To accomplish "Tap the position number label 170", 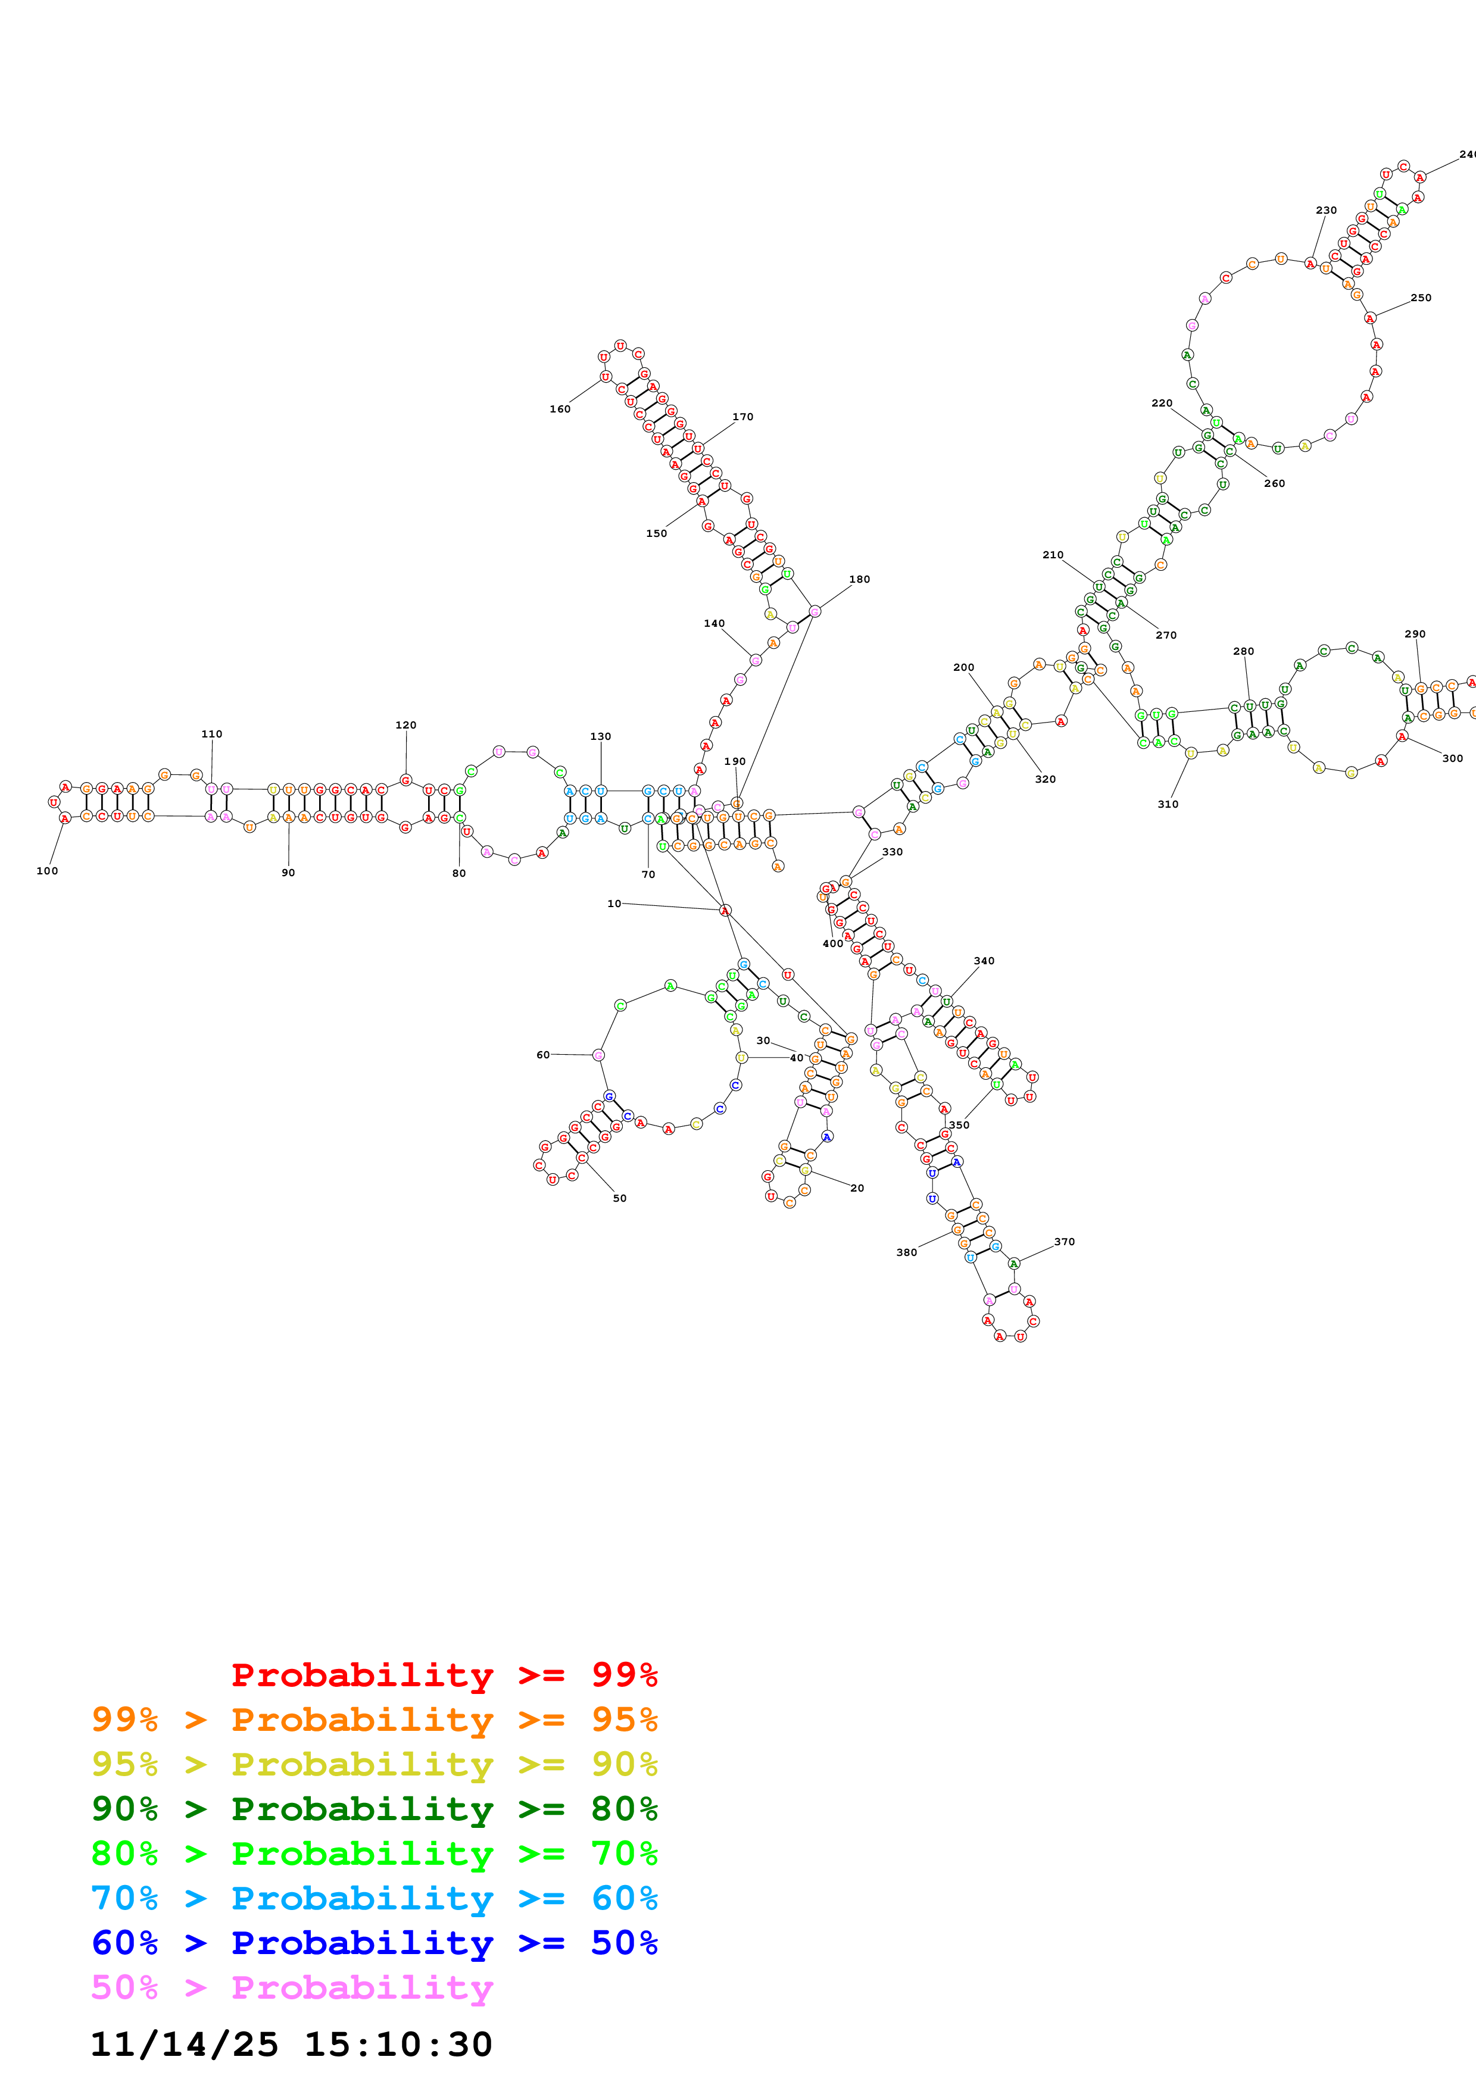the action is pos(743,417).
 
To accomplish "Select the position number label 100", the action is pos(47,870).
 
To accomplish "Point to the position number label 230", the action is pos(1326,210).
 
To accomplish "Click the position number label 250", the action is pos(1421,298).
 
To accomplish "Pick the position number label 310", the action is pos(1168,804).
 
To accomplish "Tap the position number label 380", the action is pos(907,1252).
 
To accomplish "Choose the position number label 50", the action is pos(619,1198).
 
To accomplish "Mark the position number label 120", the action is pos(405,725).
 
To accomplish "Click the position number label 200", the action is pos(964,667).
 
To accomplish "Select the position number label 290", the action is pos(1415,634).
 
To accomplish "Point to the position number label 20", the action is pos(857,1187).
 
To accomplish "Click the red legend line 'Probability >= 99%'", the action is pos(444,1674).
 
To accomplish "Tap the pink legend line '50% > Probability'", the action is pos(292,1986).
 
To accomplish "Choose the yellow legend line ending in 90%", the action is pos(374,1764).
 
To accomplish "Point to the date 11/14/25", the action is pos(185,2043).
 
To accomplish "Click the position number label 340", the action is pos(984,960).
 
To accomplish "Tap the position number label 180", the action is pos(859,579).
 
